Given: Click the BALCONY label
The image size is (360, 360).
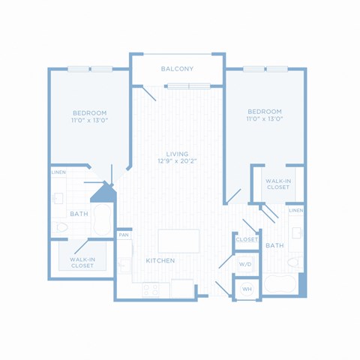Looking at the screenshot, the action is click(177, 69).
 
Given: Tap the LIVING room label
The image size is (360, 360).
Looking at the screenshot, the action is click(177, 154).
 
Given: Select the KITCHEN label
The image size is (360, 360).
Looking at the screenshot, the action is click(160, 261).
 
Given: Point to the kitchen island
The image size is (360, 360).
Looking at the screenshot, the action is click(178, 241).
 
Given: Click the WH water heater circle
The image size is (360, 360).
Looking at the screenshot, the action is click(247, 289).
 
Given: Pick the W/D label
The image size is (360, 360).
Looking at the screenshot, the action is click(245, 264).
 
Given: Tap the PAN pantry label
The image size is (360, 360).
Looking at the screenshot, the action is click(124, 235).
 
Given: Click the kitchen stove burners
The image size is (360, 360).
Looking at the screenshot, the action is click(151, 290).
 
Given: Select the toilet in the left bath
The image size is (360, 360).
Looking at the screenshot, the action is click(60, 227).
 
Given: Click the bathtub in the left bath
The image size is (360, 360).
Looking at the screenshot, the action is click(102, 220).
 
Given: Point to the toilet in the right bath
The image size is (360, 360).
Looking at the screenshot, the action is click(295, 262).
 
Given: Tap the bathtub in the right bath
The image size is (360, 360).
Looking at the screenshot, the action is click(280, 283).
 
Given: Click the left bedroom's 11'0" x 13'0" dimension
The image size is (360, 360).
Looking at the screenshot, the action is click(89, 120).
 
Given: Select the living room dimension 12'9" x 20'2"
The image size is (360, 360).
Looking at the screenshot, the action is click(177, 161).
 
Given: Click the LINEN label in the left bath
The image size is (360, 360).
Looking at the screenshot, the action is click(58, 172).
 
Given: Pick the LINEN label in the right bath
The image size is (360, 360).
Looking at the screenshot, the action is click(296, 211).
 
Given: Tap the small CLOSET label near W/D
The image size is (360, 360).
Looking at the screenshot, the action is click(247, 239).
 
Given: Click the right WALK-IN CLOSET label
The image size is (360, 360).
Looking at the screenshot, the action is click(278, 184).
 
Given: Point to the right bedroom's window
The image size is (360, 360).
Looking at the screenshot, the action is click(265, 69).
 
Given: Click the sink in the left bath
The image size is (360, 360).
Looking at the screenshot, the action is click(58, 198).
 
